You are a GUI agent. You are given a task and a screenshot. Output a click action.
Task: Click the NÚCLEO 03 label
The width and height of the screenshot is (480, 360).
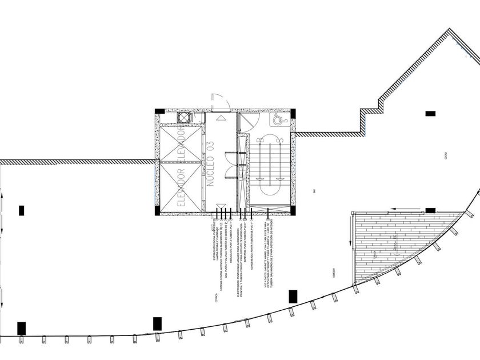click(210, 163)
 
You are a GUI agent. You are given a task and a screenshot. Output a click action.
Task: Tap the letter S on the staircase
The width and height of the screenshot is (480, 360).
click(281, 139)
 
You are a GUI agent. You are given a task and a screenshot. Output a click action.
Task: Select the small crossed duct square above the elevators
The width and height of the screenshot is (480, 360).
click(185, 118)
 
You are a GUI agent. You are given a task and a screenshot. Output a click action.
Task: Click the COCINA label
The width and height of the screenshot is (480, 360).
click(444, 155)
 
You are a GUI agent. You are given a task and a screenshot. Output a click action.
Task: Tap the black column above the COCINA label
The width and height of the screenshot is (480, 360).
click(430, 114)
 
